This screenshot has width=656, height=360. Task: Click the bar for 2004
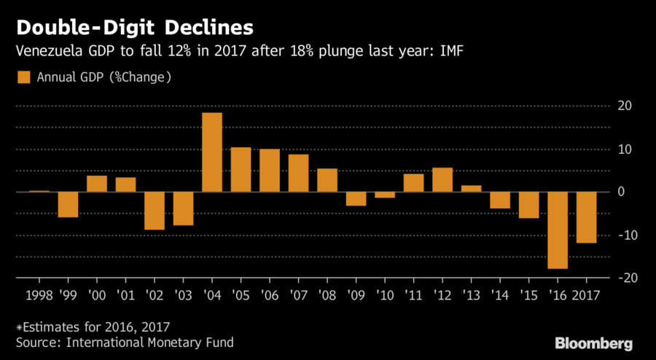[212, 152]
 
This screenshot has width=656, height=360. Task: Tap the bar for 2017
[587, 217]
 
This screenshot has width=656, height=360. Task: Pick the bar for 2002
[155, 211]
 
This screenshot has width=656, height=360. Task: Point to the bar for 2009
[356, 199]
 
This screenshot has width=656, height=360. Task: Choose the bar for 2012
[442, 180]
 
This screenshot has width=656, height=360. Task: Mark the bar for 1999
[68, 205]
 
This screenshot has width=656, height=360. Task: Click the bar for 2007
[298, 173]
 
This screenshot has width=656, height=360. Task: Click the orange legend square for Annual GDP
[23, 77]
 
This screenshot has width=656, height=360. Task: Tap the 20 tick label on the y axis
[623, 106]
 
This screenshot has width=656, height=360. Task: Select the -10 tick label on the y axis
[620, 235]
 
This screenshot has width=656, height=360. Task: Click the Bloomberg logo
[593, 343]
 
